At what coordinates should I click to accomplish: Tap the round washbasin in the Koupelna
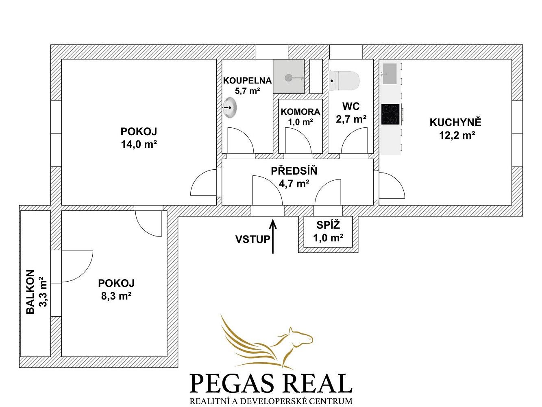tap(229, 107)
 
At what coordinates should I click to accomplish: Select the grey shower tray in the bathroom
tap(288, 77)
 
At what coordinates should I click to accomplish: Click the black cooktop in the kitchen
tap(390, 114)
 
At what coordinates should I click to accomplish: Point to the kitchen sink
tap(390, 74)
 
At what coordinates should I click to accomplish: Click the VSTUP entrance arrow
tap(273, 236)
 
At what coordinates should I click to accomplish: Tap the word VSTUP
tap(252, 239)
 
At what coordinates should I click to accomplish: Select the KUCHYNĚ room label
tap(455, 123)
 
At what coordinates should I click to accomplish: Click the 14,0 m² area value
tap(139, 144)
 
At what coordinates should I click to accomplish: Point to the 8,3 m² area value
tap(116, 295)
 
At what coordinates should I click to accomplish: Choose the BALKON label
tap(30, 292)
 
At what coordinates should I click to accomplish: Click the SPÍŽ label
tap(328, 225)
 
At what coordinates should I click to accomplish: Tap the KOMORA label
tap(300, 112)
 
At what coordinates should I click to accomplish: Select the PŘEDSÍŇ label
tap(294, 171)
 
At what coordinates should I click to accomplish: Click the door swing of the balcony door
tap(77, 267)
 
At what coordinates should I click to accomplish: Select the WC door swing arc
tap(354, 140)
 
